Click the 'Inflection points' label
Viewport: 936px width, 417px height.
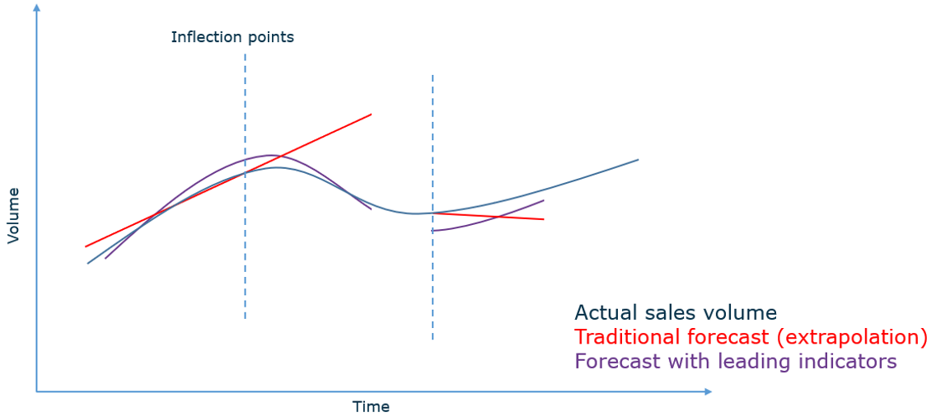[x=232, y=37]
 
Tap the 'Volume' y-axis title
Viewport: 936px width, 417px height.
[x=13, y=215]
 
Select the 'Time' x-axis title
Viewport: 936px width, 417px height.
[x=371, y=406]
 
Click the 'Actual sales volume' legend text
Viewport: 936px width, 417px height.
[x=675, y=313]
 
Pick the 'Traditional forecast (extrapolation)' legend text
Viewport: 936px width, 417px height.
[x=751, y=337]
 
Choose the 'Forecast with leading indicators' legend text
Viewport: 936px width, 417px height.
[x=735, y=362]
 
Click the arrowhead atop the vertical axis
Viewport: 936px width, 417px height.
[x=36, y=8]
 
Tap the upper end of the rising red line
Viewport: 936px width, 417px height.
[x=371, y=115]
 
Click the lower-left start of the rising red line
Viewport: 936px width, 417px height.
[x=86, y=246]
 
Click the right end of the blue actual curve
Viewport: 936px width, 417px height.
[x=638, y=159]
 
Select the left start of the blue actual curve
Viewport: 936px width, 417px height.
[x=87, y=264]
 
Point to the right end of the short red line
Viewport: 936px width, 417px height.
[x=543, y=219]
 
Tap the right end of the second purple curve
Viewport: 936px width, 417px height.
[x=543, y=200]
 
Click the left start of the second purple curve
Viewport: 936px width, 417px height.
[x=433, y=231]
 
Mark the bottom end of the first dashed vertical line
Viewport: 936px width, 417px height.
[x=245, y=318]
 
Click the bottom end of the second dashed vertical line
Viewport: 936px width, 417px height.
[x=433, y=340]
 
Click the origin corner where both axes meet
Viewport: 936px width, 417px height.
[x=36, y=391]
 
